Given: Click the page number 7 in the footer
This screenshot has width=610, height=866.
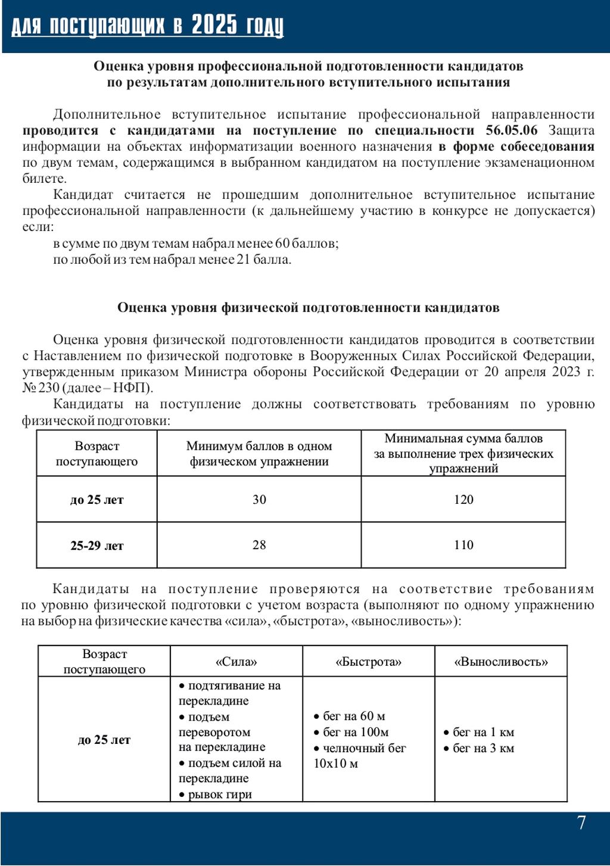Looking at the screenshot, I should tap(581, 823).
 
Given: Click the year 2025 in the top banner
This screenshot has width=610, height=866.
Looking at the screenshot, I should tap(214, 26).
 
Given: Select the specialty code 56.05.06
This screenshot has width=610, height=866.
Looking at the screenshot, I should tap(511, 130).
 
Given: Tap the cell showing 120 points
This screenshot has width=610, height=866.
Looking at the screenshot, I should tap(463, 500).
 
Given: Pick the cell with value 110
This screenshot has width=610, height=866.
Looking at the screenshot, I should tap(463, 545).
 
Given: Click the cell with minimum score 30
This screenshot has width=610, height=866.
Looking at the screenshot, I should tap(259, 500).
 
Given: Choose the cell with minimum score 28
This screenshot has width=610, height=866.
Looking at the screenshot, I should tap(259, 545).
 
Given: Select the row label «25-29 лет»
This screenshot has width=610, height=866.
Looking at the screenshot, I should tap(97, 546).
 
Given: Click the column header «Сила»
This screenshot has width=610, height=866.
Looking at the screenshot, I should tap(236, 662).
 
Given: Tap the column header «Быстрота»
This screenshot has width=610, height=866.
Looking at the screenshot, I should tap(369, 662).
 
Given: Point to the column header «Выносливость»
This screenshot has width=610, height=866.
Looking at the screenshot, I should tap(501, 662).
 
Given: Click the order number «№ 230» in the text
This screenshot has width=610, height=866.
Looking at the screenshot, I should tap(41, 388).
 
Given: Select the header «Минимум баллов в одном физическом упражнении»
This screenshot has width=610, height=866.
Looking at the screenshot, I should tap(259, 454).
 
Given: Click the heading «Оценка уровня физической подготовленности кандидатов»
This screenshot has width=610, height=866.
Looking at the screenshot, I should tap(308, 308).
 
